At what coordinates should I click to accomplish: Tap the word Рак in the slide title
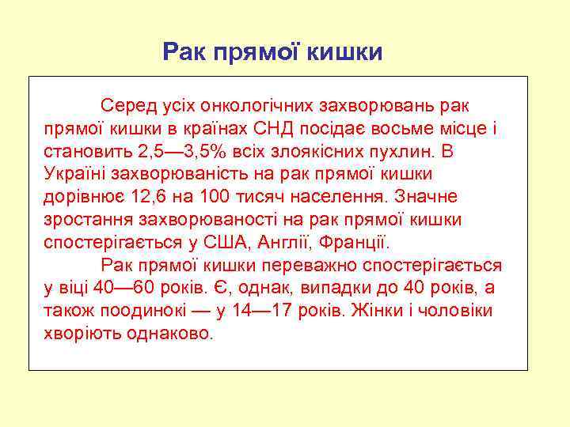point(182,53)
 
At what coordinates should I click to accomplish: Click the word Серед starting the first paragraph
point(125,105)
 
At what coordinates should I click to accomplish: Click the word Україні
point(75,173)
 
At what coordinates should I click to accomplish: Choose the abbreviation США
point(227,241)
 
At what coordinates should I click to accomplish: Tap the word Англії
point(283,241)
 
